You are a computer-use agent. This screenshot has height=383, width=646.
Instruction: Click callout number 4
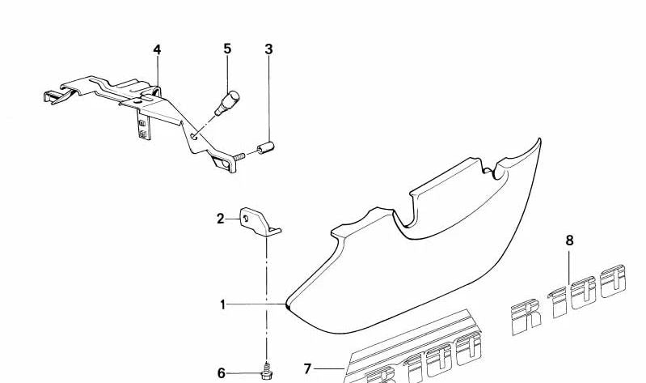pos(157,50)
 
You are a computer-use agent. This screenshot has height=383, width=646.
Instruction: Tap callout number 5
pos(227,49)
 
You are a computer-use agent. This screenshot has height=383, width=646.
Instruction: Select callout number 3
pos(268,49)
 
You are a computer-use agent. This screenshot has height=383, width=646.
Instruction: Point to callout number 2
pos(221,219)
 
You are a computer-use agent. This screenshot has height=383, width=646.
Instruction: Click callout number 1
pos(223,305)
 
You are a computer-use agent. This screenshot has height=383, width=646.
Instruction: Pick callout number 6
pos(222,373)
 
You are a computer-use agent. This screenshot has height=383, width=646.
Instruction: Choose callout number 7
pos(307,368)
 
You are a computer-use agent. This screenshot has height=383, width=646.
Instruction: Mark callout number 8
pos(569,240)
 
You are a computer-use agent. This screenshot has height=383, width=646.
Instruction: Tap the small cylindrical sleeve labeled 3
pos(266,147)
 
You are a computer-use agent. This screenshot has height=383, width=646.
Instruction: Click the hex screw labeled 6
pos(267,372)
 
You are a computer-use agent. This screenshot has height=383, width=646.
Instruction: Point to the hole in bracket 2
pos(246,219)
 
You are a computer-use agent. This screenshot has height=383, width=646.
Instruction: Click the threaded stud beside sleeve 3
pos(239,156)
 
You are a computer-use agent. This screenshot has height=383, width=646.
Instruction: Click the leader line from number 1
pos(255,304)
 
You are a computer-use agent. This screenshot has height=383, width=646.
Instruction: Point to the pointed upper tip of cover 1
pos(539,139)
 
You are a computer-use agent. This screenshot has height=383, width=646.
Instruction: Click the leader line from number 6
pos(244,374)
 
